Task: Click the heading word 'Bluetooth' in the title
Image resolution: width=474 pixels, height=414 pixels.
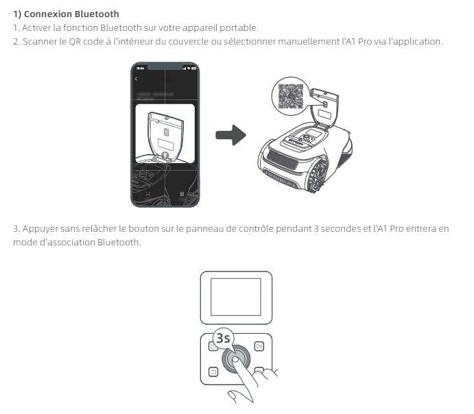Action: click(x=96, y=14)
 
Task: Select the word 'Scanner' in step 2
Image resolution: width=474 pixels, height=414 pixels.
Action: click(x=38, y=42)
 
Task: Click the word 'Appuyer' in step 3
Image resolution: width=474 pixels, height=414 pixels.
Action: click(x=39, y=228)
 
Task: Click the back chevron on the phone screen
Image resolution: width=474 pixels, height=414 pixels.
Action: click(x=137, y=79)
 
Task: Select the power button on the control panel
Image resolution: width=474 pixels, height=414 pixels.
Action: click(x=213, y=347)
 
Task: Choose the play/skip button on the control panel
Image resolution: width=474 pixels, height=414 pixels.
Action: click(x=259, y=347)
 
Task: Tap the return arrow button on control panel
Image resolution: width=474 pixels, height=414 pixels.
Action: click(x=213, y=372)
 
